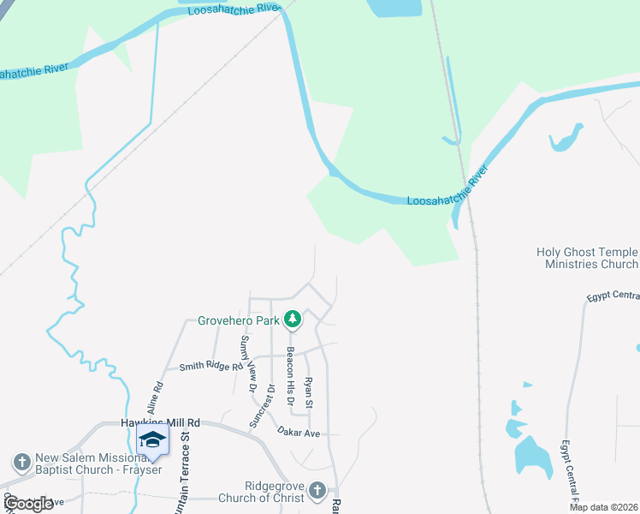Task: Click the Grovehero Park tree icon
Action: (x=293, y=320)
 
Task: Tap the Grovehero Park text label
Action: (x=240, y=320)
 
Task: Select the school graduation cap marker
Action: (x=151, y=440)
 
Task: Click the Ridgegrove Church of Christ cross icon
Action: (x=317, y=490)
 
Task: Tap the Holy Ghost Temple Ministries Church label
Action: (x=587, y=258)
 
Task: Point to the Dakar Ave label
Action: (x=298, y=433)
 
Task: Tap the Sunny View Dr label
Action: (x=248, y=363)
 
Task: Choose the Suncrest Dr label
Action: (x=272, y=404)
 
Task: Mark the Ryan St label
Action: (x=310, y=391)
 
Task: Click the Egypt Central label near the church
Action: (x=613, y=296)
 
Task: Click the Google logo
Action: (x=29, y=504)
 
